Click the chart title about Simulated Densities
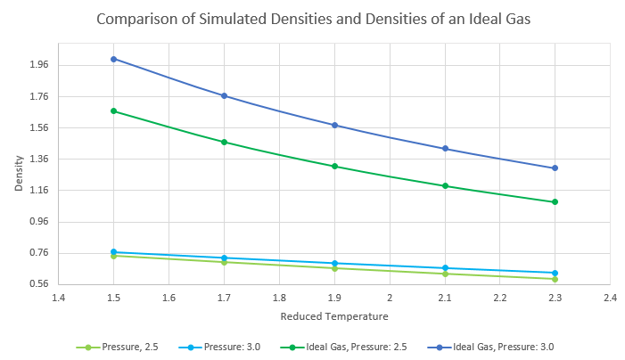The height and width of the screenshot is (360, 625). coord(313,19)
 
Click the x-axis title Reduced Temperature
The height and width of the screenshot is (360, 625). coord(334,315)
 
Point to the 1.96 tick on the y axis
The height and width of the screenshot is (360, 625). coord(37,65)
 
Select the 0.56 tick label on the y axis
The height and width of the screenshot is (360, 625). coord(37,284)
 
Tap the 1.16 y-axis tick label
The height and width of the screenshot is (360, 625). coord(37,191)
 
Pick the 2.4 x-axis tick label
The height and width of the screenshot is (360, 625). coord(610,297)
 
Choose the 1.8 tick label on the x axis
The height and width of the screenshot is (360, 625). coord(279,297)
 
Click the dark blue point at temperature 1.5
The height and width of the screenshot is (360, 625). coord(113,59)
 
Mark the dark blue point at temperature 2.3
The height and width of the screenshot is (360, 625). coord(555,168)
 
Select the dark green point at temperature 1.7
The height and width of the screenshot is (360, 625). coord(224,142)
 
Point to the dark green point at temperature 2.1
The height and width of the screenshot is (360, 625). coord(445,186)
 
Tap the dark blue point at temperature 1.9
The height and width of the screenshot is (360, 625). coord(334,125)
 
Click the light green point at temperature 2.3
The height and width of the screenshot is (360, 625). coord(555,279)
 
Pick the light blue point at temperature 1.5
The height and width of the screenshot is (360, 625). coord(113,252)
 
